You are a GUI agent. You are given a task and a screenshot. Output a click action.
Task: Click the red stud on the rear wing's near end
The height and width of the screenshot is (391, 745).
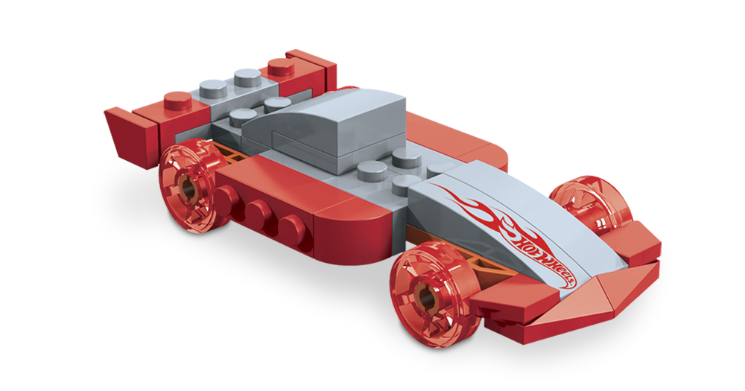(178, 101)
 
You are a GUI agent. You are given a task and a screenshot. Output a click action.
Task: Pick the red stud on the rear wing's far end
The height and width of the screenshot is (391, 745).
(281, 68)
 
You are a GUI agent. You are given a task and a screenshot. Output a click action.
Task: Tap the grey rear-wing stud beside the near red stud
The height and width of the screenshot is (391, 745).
(213, 89)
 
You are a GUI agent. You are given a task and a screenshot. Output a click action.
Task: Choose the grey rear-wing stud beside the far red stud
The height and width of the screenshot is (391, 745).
(247, 77)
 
